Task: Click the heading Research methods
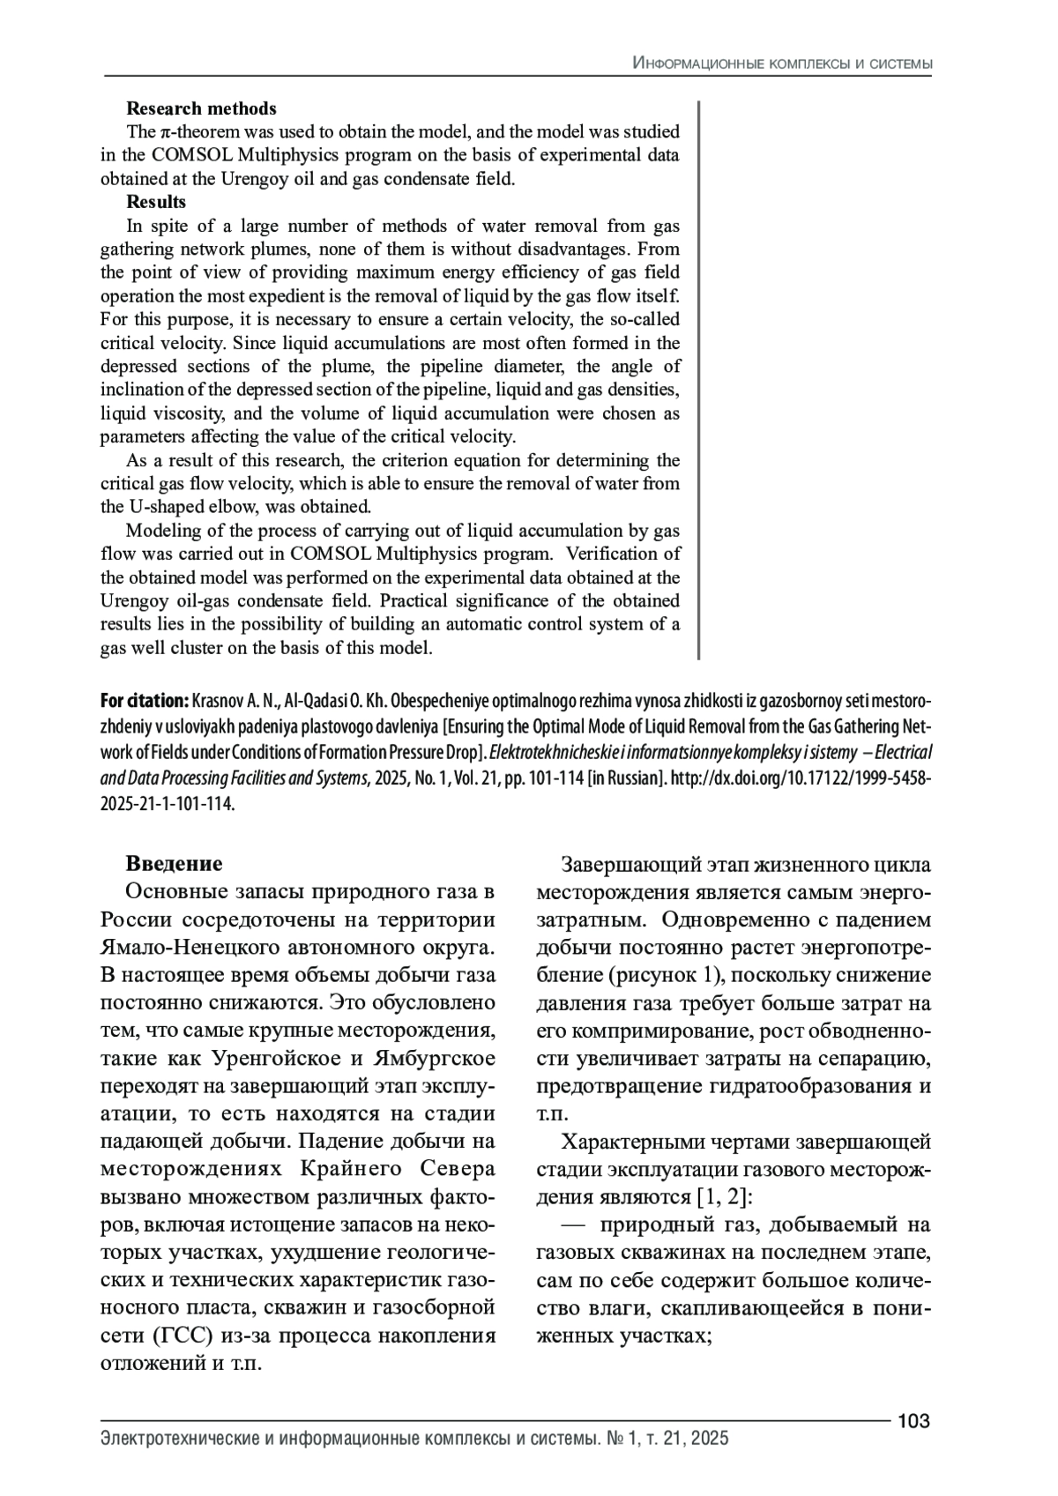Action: (201, 108)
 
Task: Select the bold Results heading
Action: (156, 202)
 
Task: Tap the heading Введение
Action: (174, 863)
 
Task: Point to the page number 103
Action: (913, 1421)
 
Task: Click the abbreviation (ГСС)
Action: (184, 1336)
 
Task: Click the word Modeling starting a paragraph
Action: (161, 531)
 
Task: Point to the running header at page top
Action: (782, 63)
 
